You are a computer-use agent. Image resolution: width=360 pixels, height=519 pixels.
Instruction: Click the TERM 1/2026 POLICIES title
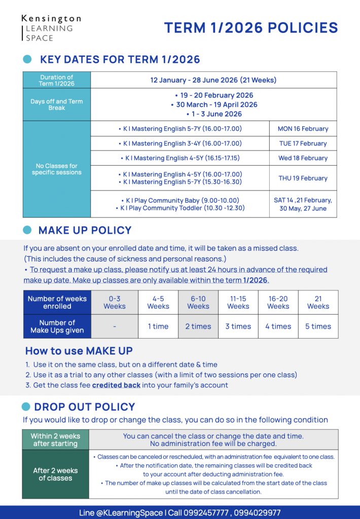250,28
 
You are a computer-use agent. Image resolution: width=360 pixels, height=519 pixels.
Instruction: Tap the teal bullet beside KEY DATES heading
28,59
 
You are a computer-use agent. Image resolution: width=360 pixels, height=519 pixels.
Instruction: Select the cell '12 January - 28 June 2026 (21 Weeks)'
213,80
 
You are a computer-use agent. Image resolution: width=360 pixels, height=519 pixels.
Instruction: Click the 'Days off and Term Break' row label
56,104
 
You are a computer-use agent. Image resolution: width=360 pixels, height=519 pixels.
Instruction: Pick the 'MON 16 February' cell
303,129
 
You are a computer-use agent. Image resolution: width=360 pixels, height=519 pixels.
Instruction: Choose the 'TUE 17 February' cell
303,143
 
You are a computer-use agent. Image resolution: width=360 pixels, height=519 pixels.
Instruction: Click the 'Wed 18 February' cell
303,158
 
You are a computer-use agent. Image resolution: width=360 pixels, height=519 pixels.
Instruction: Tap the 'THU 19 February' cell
303,178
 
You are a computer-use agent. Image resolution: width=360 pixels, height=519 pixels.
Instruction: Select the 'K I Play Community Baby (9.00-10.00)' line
180,200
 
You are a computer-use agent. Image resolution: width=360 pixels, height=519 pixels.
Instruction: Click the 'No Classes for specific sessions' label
56,169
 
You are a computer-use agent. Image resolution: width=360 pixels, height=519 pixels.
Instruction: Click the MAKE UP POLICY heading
85,230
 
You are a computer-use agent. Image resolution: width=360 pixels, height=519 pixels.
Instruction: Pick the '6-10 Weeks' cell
198,303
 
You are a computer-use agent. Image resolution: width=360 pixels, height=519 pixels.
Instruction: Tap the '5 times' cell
318,326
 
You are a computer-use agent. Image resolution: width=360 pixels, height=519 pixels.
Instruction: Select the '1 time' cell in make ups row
158,326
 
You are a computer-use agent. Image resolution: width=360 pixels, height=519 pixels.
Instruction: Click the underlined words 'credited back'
116,385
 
